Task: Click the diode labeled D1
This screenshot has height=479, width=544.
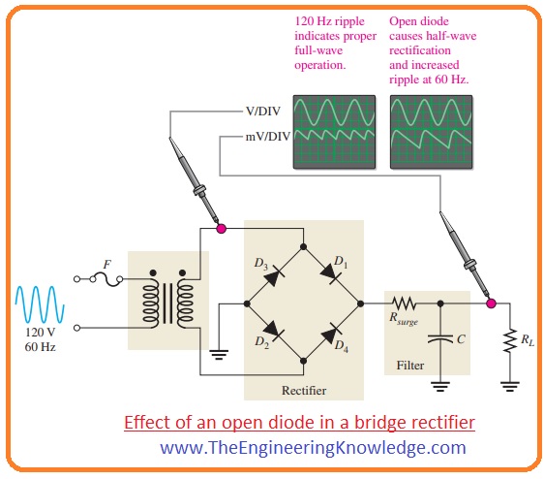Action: coord(332,275)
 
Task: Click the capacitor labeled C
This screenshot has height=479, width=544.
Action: coord(440,340)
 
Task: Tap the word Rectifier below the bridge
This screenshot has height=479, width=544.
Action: coord(303,390)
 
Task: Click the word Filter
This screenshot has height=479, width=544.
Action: coord(409,367)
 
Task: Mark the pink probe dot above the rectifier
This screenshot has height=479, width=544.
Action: coord(222,230)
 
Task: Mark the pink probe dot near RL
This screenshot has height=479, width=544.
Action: coord(491,303)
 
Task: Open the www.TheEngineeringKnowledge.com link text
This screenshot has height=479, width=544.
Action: coord(313,447)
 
